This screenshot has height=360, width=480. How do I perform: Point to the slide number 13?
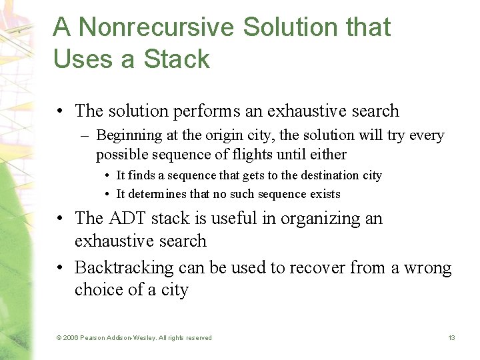point(451,338)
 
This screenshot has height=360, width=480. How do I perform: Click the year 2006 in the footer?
point(71,338)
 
